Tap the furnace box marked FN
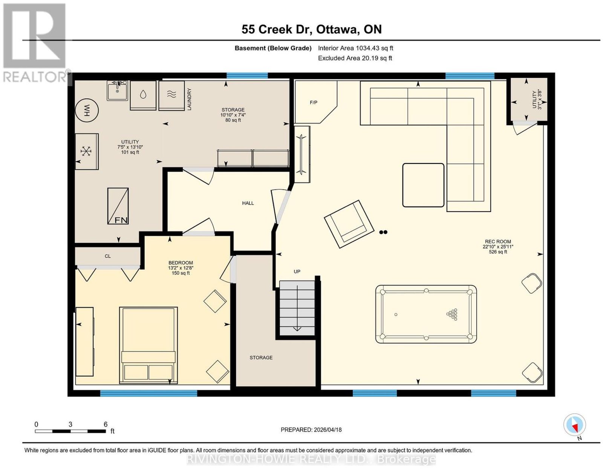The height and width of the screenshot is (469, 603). tap(118, 206)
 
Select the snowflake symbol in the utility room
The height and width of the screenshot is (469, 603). tap(86, 151)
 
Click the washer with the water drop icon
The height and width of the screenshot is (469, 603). tap(143, 95)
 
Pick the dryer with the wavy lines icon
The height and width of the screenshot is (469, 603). tap(171, 95)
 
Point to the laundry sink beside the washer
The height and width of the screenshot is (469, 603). tap(117, 91)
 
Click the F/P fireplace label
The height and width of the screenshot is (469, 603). tap(314, 103)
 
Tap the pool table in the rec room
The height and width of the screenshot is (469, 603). tap(426, 314)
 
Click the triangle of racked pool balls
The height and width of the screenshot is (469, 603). tap(452, 314)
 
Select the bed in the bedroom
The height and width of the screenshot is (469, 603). tap(148, 345)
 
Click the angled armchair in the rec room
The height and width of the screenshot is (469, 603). tap(349, 224)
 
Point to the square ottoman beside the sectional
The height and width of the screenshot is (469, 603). tap(423, 185)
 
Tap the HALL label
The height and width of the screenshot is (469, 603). tap(248, 203)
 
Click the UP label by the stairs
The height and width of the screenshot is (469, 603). tap(297, 272)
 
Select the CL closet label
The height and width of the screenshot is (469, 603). tap(108, 256)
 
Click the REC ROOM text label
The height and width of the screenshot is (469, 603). tap(498, 241)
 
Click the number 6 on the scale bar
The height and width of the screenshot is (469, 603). tap(106, 424)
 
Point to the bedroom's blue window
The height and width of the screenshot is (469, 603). tap(148, 393)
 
